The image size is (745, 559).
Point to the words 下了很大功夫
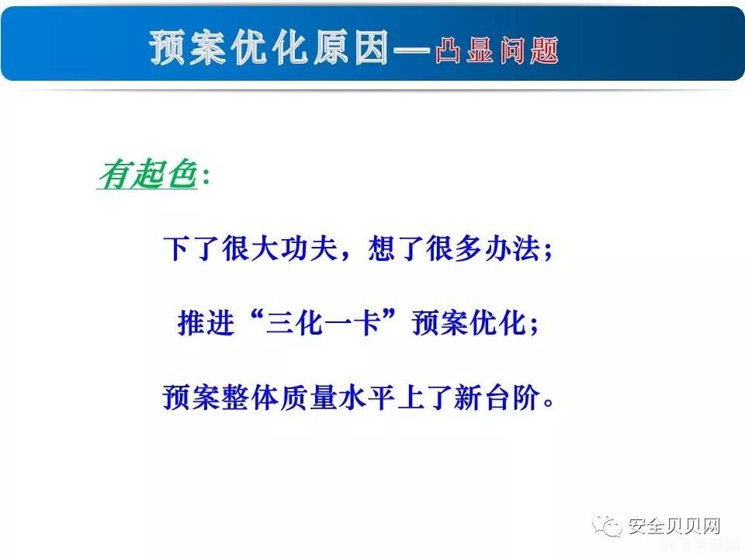pos(248,251)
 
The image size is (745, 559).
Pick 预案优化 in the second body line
pos(469,324)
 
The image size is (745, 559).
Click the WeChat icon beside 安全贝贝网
pos(609,526)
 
